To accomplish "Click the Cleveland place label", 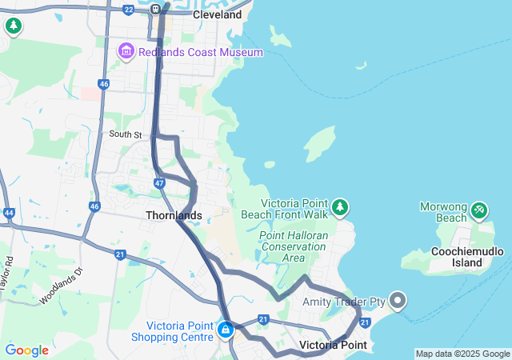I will [x=217, y=14].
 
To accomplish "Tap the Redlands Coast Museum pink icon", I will [x=126, y=52].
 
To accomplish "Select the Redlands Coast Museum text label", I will [x=200, y=52].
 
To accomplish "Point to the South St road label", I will [x=125, y=134].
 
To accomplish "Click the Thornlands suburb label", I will [x=174, y=215].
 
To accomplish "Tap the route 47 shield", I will [x=160, y=183].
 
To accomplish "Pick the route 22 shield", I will [x=129, y=10].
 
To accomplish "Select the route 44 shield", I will [x=9, y=213].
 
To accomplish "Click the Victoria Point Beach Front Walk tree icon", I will [x=340, y=208].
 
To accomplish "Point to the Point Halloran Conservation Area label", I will [x=294, y=246].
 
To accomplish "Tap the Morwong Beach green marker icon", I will [x=479, y=210].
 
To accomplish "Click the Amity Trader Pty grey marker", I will [x=398, y=301].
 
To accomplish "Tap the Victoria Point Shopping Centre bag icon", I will [x=226, y=329].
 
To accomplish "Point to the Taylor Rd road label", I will [x=8, y=273].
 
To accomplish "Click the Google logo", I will [x=26, y=350].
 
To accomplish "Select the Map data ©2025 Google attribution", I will [x=462, y=354].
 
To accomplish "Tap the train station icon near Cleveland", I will [x=157, y=9].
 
